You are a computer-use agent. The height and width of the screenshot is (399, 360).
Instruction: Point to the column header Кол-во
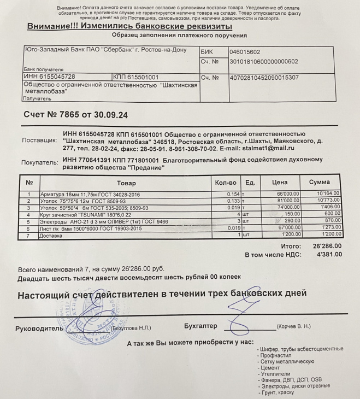coord(226,182)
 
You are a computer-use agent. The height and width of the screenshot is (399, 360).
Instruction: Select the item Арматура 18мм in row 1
coord(90,194)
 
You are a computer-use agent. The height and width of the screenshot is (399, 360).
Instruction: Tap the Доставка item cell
coord(52,235)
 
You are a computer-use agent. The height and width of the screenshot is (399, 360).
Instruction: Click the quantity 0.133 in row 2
coord(233,201)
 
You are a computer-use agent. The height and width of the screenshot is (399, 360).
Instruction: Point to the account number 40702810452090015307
coord(264,78)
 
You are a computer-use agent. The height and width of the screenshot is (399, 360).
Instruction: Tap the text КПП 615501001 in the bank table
coord(135,78)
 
